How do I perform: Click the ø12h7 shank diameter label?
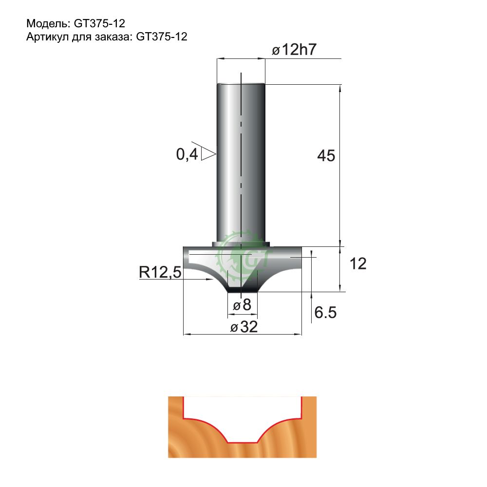pyautogui.click(x=295, y=50)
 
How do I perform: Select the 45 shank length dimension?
pyautogui.click(x=326, y=156)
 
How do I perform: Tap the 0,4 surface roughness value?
pyautogui.click(x=187, y=154)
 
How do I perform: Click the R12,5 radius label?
pyautogui.click(x=160, y=273)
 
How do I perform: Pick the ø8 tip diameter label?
pyautogui.click(x=242, y=305)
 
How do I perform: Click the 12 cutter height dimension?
pyautogui.click(x=358, y=264)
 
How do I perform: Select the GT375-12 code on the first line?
pyautogui.click(x=100, y=23)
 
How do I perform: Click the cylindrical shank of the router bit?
pyautogui.click(x=241, y=161)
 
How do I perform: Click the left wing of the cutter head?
pyautogui.click(x=200, y=258)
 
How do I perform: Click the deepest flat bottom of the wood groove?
pyautogui.click(x=243, y=442)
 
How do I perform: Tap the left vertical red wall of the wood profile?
pyautogui.click(x=183, y=407)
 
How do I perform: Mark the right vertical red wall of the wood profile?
pyautogui.click(x=302, y=407)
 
